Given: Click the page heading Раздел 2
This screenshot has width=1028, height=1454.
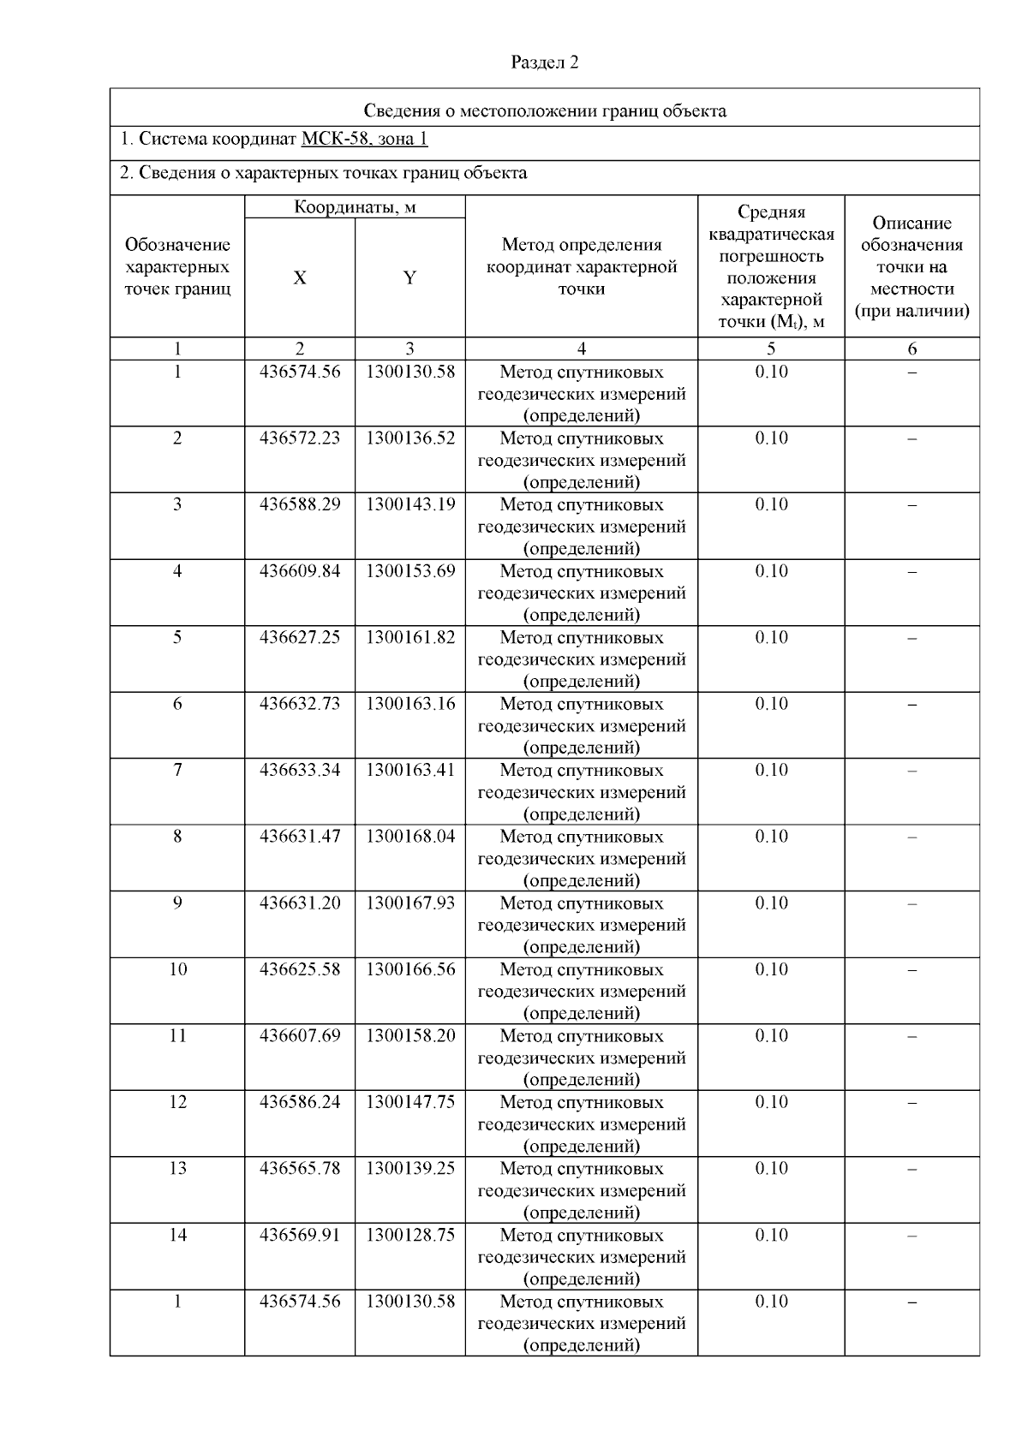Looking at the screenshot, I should coord(545,63).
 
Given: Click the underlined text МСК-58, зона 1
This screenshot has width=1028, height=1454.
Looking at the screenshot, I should coord(364,139).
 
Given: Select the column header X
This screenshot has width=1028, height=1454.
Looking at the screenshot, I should coord(299,278).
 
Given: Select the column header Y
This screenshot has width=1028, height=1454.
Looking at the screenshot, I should coord(409,278).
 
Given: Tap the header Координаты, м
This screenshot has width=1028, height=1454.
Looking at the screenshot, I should coord(355,207).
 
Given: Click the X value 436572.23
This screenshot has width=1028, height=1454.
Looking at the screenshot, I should coord(299,438).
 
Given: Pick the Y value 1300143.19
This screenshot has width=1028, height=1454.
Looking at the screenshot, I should coord(409,504).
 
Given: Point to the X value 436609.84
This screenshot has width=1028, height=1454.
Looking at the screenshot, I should coord(299,571).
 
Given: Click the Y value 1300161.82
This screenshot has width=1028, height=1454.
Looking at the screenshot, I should coord(409,637).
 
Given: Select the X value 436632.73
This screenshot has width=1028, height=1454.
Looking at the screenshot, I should coord(299,704).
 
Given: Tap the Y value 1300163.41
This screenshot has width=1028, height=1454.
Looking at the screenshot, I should coord(409,770).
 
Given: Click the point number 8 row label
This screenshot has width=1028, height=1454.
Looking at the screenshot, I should coord(177,837).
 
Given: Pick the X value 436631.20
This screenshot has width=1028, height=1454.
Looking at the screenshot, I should coord(299,903).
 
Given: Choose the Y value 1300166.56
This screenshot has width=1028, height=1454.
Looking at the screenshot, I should coord(409,969).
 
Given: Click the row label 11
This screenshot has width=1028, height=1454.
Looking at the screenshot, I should coord(177,1035).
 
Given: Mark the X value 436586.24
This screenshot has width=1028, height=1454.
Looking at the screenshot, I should coord(299,1102).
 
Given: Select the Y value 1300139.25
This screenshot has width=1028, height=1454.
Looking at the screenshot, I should coord(409,1168).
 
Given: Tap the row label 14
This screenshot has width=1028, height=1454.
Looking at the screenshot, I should coord(177,1235).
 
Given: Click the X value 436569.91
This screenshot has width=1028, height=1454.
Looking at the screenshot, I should coord(299,1235).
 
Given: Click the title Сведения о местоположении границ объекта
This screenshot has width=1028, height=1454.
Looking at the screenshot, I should coord(545,110).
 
